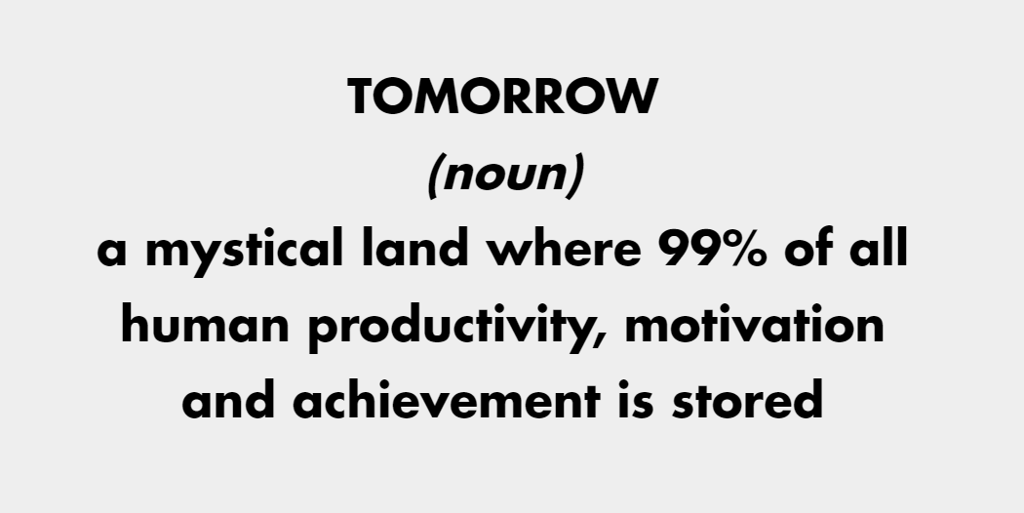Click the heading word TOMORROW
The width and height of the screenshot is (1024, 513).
pos(502,97)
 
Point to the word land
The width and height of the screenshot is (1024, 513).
pos(415,248)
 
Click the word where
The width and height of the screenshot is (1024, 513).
pos(565,248)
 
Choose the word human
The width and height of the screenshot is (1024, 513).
pos(205,323)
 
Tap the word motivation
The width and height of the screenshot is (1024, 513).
pos(754,324)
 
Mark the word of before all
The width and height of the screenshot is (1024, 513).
pos(809,248)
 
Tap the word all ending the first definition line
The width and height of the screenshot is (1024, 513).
pos(879,248)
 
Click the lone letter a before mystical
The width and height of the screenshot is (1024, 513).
pos(111,253)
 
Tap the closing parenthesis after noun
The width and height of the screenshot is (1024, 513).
pos(574,176)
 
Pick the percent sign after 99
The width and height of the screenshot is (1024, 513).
pos(749,249)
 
